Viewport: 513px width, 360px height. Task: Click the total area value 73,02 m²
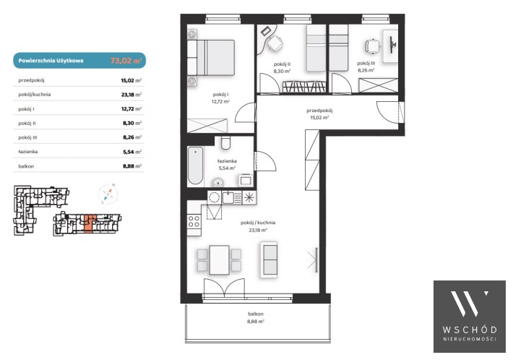(126, 61)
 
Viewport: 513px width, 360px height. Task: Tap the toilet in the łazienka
(225, 142)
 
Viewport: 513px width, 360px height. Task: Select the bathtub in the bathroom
(195, 166)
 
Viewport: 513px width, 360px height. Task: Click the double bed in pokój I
(211, 58)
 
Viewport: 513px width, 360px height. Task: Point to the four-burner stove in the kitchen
(194, 221)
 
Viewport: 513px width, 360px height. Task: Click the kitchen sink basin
(228, 197)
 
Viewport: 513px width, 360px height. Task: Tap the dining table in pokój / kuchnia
(219, 260)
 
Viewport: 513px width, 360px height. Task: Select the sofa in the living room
(269, 260)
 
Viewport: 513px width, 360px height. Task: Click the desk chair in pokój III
(373, 46)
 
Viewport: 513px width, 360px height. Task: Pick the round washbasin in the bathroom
(217, 183)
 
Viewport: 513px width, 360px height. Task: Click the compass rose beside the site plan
(108, 194)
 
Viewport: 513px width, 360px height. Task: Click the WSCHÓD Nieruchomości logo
(470, 317)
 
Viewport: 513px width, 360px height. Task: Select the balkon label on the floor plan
(256, 314)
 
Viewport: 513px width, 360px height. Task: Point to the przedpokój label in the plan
(319, 111)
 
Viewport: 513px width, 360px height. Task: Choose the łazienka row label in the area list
(28, 152)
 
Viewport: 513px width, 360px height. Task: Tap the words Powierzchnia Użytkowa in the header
(51, 61)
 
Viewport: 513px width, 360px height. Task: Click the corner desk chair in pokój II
(275, 43)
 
